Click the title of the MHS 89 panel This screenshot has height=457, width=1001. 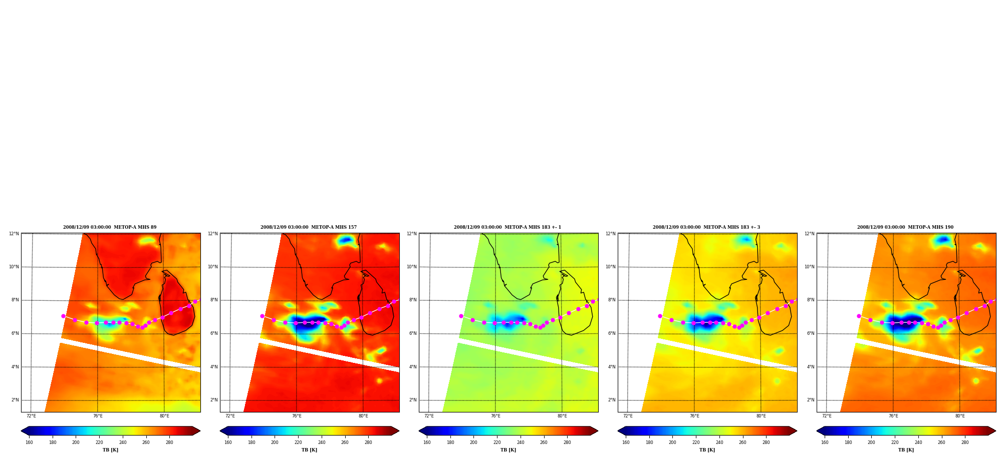pyautogui.click(x=110, y=227)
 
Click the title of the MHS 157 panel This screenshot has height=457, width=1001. pyautogui.click(x=309, y=227)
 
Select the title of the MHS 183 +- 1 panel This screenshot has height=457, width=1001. pyautogui.click(x=508, y=227)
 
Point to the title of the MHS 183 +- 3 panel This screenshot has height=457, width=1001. pyautogui.click(x=706, y=227)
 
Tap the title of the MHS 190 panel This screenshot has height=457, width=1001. pyautogui.click(x=905, y=227)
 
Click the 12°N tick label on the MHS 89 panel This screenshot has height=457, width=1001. pyautogui.click(x=14, y=234)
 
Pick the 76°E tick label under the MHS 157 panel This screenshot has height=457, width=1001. pyautogui.click(x=297, y=416)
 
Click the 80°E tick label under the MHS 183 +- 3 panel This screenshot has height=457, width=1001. pyautogui.click(x=761, y=416)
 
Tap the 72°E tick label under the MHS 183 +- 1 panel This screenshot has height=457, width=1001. pyautogui.click(x=429, y=416)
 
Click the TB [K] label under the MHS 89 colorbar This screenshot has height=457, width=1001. pyautogui.click(x=111, y=450)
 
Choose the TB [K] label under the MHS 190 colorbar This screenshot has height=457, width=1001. pyautogui.click(x=906, y=450)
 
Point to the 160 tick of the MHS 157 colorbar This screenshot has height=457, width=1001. pyautogui.click(x=228, y=442)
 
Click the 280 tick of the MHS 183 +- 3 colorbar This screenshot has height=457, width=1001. pyautogui.click(x=766, y=442)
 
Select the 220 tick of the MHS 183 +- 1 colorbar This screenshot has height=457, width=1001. pyautogui.click(x=497, y=442)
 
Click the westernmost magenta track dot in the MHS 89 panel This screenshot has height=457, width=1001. pyautogui.click(x=63, y=316)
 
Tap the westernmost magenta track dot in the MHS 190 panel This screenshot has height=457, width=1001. pyautogui.click(x=859, y=316)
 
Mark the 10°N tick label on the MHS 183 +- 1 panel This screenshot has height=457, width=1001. pyautogui.click(x=411, y=267)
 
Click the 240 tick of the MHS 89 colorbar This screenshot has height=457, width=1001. pyautogui.click(x=123, y=442)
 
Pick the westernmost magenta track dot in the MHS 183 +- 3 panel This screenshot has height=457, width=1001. pyautogui.click(x=660, y=316)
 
